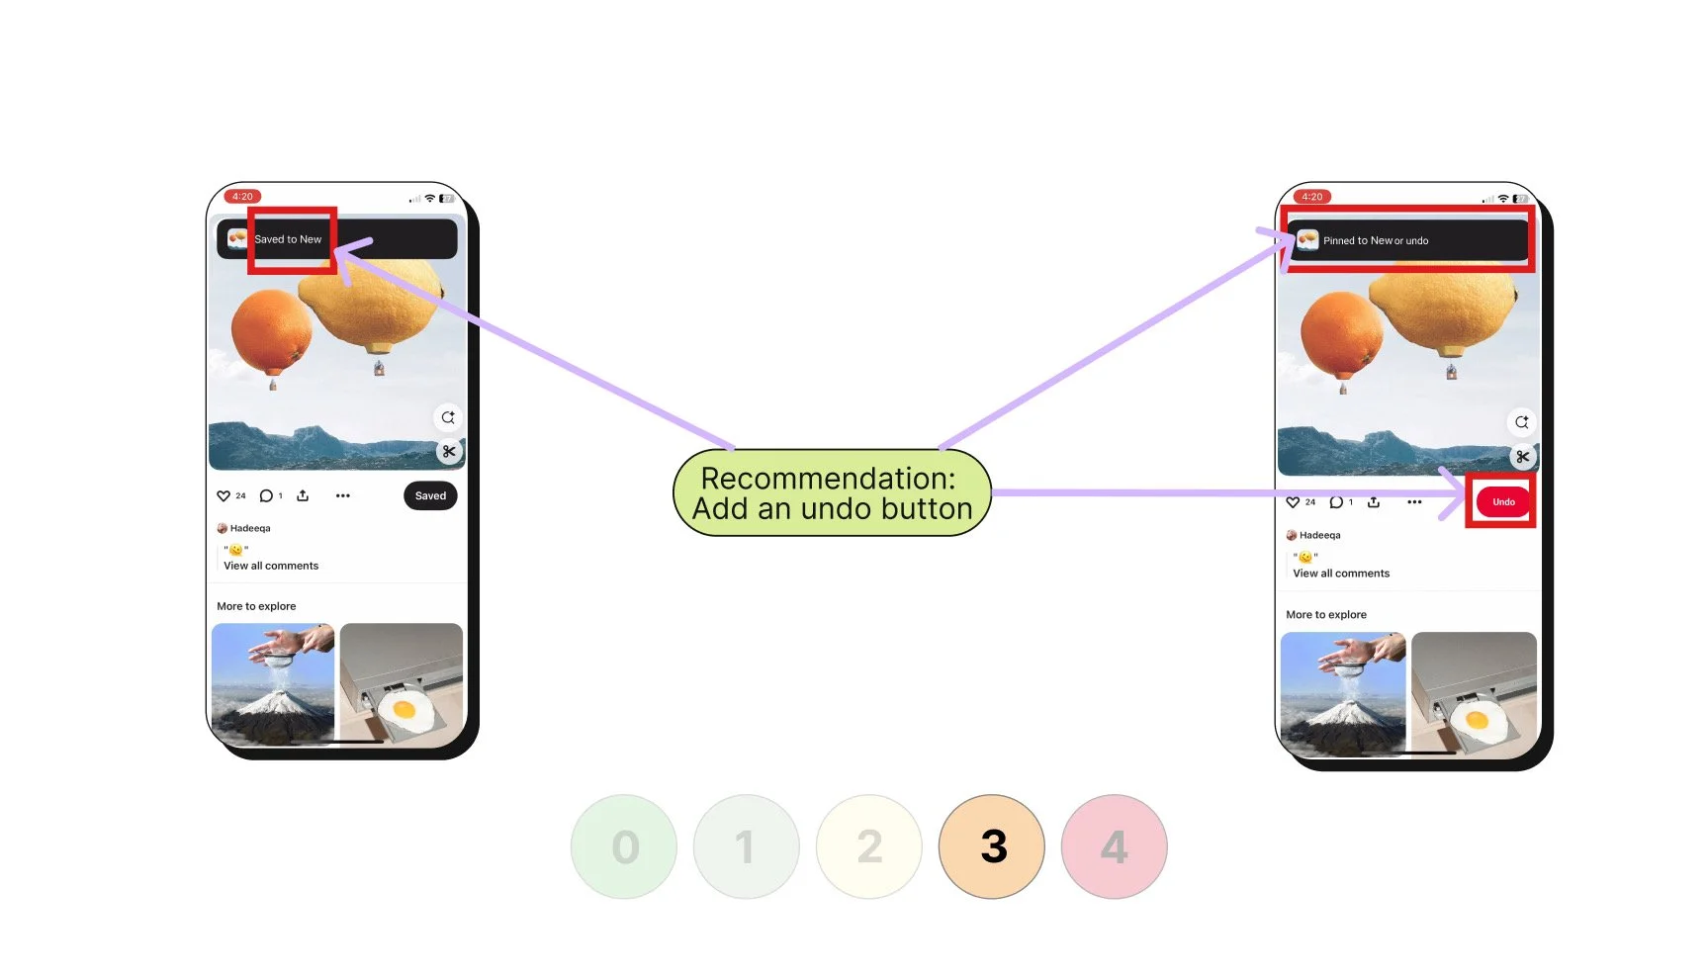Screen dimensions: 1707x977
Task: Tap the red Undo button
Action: pos(1502,501)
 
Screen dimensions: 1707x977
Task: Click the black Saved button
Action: pos(430,495)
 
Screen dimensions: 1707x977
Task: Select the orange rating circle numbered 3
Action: pos(992,846)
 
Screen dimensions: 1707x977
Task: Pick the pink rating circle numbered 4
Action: pos(1114,846)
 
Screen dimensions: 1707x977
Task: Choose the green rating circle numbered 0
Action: pos(624,846)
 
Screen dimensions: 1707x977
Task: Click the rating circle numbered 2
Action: pos(869,846)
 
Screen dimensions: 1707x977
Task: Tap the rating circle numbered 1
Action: pos(746,846)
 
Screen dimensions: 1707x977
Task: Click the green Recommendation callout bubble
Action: pos(832,492)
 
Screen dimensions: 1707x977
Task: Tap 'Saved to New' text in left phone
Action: pos(288,239)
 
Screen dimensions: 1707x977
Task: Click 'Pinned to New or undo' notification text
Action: pos(1376,240)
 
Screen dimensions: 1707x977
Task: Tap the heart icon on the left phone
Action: pos(224,495)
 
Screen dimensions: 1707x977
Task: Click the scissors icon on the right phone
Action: pos(1522,457)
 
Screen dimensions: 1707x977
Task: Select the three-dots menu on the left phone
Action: pos(343,495)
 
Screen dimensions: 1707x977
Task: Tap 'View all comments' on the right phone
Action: pos(1341,574)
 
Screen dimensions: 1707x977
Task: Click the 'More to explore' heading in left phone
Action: pos(256,606)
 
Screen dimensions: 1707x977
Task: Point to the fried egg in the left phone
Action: pos(404,709)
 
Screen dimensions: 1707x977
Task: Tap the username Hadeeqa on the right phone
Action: pos(1319,535)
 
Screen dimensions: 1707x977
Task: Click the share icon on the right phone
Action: pos(1374,502)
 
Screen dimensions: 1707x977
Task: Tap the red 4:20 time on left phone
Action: pos(242,196)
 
